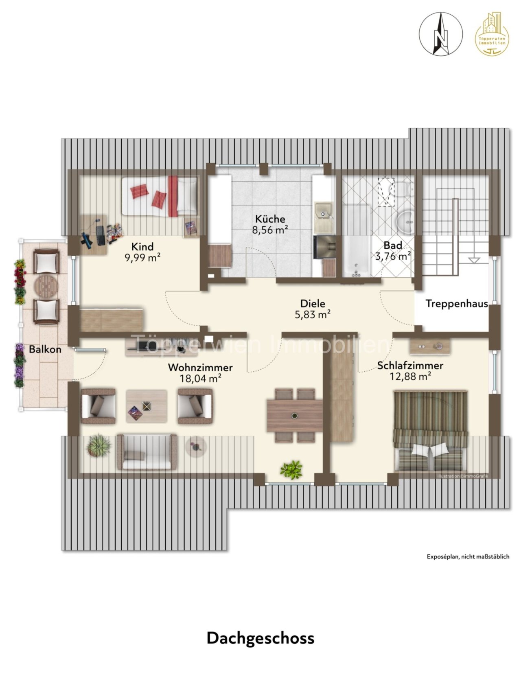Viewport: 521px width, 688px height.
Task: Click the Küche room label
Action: point(270,219)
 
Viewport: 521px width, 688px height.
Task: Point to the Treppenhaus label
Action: point(457,303)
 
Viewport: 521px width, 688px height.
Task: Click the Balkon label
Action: point(45,349)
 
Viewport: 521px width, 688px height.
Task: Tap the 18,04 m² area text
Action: point(201,378)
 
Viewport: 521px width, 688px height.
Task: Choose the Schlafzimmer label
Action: point(410,365)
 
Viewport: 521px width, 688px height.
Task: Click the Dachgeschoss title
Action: point(260,638)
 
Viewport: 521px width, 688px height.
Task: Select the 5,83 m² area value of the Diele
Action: point(313,314)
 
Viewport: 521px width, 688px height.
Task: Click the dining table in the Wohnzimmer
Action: point(295,416)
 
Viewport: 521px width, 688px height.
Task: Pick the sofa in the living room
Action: point(147,452)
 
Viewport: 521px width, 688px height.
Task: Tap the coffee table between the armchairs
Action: point(147,406)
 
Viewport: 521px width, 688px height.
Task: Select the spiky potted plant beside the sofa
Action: point(99,445)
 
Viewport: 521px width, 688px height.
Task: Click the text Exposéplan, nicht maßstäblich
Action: point(468,557)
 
